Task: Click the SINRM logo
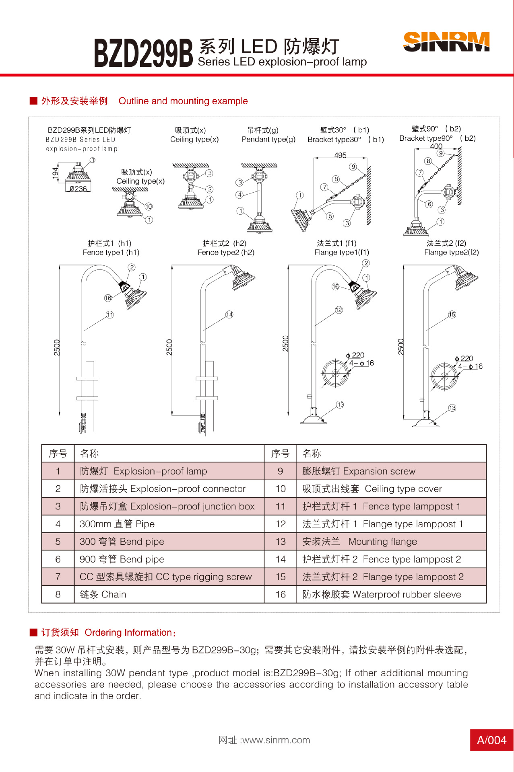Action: pos(446,42)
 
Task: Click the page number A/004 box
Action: pos(491,740)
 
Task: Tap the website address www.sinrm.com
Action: pos(264,740)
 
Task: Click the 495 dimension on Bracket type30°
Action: pos(340,155)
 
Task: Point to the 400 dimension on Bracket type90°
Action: pos(436,146)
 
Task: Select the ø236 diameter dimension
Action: pos(78,189)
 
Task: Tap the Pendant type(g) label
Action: pos(268,139)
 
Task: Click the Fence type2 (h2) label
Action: pos(226,252)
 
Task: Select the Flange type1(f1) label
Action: pos(342,252)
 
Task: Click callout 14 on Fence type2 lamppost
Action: pos(229,314)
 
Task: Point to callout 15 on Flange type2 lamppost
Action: pos(452,314)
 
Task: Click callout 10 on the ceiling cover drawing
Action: pos(149,206)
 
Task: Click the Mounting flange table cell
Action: pos(359,542)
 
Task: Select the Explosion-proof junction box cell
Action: pos(167,506)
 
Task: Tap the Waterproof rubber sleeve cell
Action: pos(382,594)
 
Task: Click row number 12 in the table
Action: pos(281,524)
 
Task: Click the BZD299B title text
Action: pos(143,53)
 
